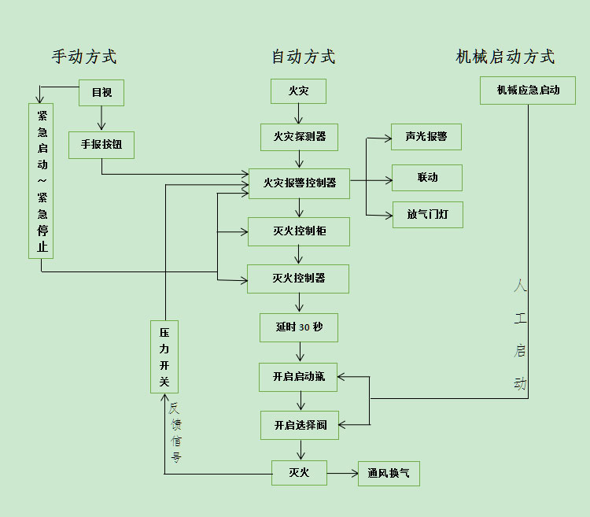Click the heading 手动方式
point(84,57)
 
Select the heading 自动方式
point(303,57)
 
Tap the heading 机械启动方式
point(505,57)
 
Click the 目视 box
point(101,93)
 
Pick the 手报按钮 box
point(101,145)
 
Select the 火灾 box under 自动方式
point(298,91)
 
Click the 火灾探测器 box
point(299,137)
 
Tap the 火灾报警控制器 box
point(299,183)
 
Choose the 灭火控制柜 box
point(299,231)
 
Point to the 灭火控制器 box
point(299,279)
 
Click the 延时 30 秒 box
point(299,327)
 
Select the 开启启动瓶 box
point(299,377)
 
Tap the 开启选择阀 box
point(300,425)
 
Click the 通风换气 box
point(389,473)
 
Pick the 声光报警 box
point(426,137)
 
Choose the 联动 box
point(427,178)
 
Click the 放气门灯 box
point(427,214)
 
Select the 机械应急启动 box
point(528,90)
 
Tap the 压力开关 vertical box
point(164,356)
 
